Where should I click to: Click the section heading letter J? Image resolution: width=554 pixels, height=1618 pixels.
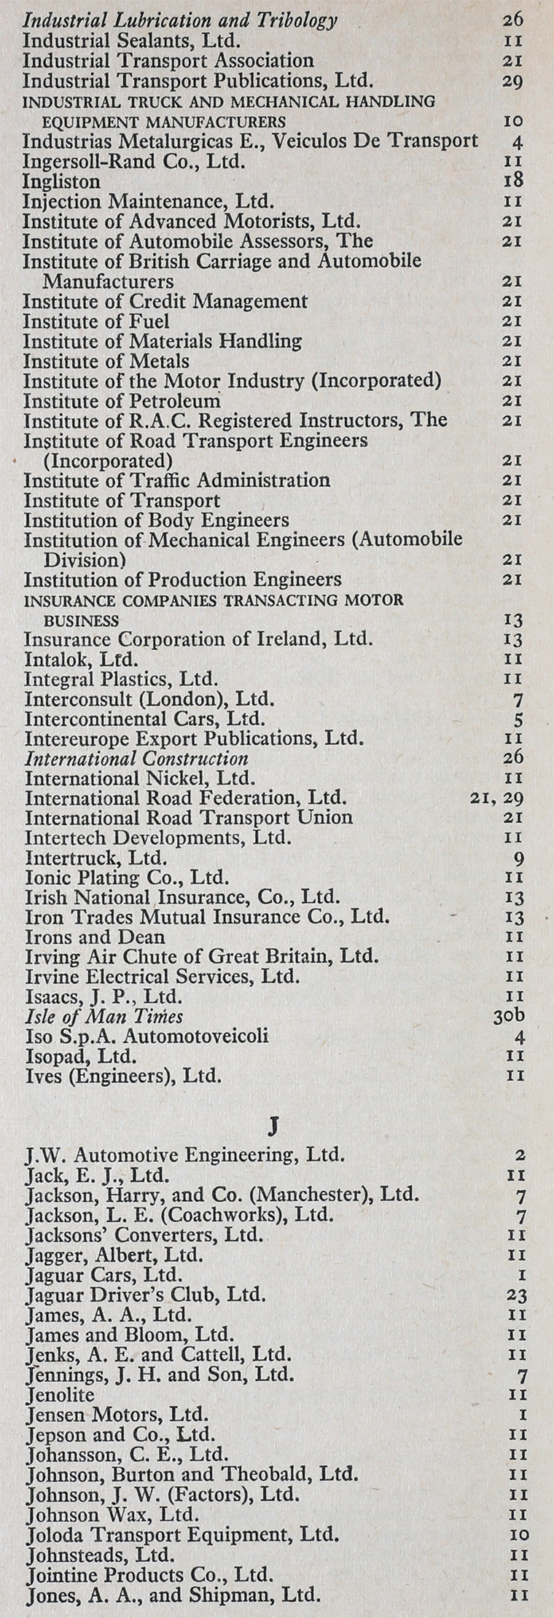tap(273, 1127)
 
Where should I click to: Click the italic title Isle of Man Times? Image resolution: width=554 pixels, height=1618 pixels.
tap(104, 1016)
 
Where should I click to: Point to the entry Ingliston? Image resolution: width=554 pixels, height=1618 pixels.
tap(61, 181)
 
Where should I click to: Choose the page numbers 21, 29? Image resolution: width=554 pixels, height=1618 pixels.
tap(497, 798)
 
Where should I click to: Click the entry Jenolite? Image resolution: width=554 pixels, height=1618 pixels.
tap(60, 1394)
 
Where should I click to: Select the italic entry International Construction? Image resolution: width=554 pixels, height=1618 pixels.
tap(136, 759)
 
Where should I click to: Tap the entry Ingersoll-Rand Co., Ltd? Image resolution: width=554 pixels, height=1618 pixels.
tap(133, 161)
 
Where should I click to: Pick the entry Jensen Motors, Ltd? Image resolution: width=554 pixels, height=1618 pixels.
tap(117, 1415)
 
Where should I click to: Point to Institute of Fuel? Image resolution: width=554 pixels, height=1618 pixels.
tap(96, 321)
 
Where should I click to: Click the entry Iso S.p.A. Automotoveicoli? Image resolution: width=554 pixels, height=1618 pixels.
tap(147, 1036)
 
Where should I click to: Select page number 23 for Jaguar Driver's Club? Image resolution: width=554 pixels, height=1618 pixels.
tap(516, 1295)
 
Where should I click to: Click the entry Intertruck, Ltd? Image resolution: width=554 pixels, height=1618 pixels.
tap(95, 858)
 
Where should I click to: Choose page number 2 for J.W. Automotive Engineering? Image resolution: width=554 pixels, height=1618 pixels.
tap(520, 1155)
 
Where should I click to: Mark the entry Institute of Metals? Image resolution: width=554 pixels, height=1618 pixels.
tap(106, 361)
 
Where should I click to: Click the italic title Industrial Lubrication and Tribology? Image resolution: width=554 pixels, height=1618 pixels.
tap(180, 20)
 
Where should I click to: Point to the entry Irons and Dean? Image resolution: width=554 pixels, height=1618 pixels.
tap(95, 937)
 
